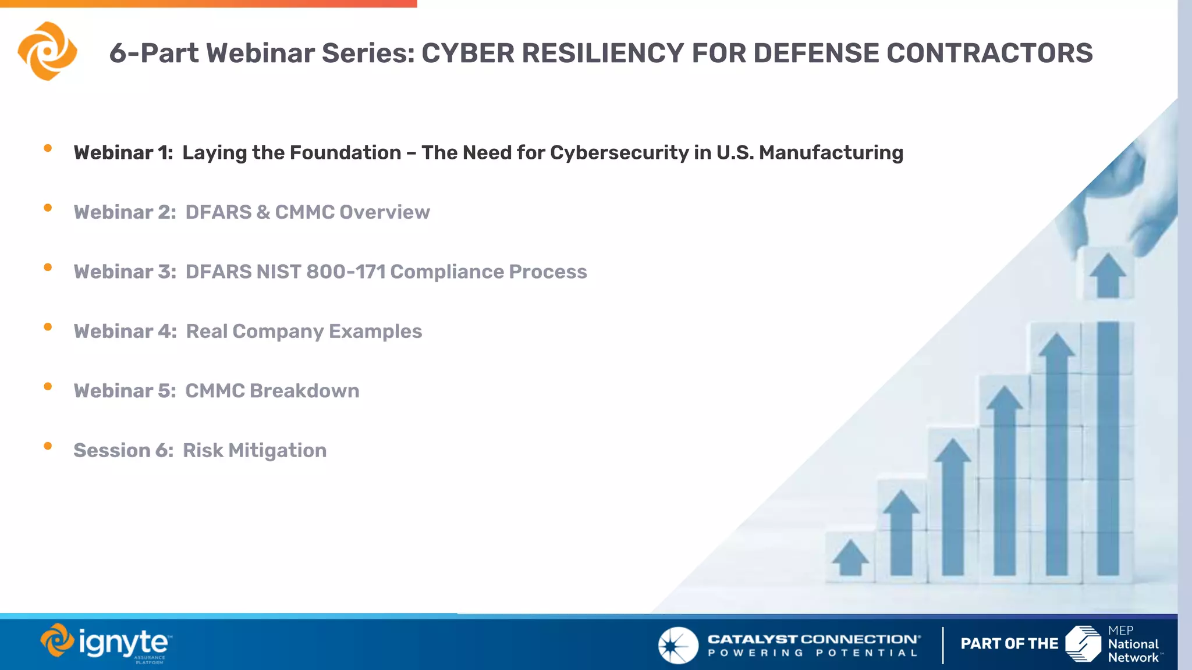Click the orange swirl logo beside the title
[x=48, y=51]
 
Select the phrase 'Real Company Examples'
[x=304, y=332]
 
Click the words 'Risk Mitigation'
[x=254, y=451]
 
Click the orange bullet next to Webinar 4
[x=48, y=327]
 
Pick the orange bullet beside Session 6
[x=48, y=446]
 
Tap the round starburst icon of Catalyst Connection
[x=677, y=645]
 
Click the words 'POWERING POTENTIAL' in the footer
[x=813, y=653]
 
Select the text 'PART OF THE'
[x=1009, y=644]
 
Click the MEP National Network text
[x=1133, y=644]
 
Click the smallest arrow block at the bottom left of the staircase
[x=850, y=557]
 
